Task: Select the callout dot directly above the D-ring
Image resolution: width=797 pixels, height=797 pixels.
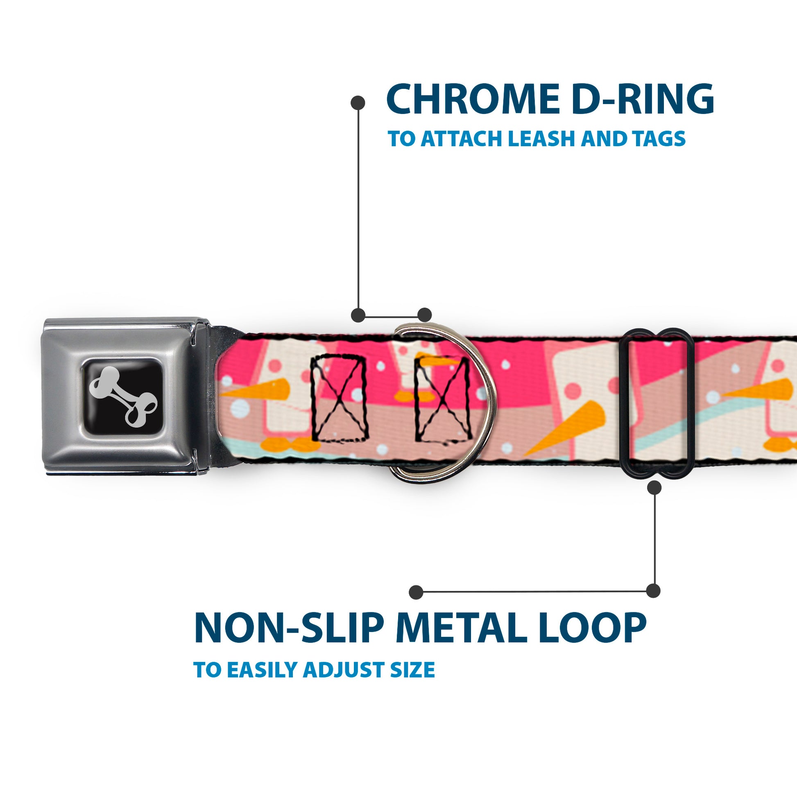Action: coord(424,315)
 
